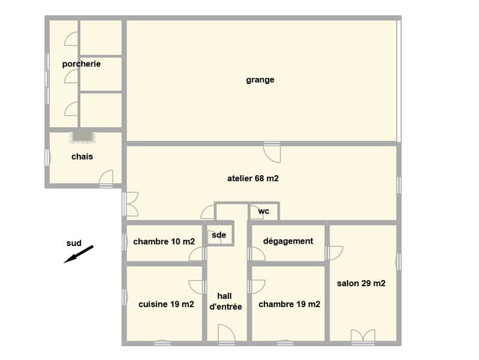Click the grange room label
click(x=260, y=80)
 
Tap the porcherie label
click(x=82, y=64)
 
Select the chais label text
click(x=82, y=157)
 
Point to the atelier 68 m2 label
click(x=253, y=178)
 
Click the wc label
click(x=264, y=211)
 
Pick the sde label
click(x=219, y=235)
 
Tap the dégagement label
click(x=288, y=241)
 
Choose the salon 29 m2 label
click(x=361, y=283)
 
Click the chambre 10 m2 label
click(x=164, y=242)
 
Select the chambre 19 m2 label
click(x=290, y=304)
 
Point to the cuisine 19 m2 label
click(x=166, y=304)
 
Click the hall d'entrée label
click(x=225, y=301)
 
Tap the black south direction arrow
click(x=78, y=254)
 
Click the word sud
click(x=74, y=243)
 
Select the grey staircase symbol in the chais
click(x=83, y=136)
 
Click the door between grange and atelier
click(x=272, y=152)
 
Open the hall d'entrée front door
click(x=227, y=334)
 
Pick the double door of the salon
click(x=363, y=337)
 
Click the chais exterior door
click(x=106, y=178)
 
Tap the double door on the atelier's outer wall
click(x=131, y=204)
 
